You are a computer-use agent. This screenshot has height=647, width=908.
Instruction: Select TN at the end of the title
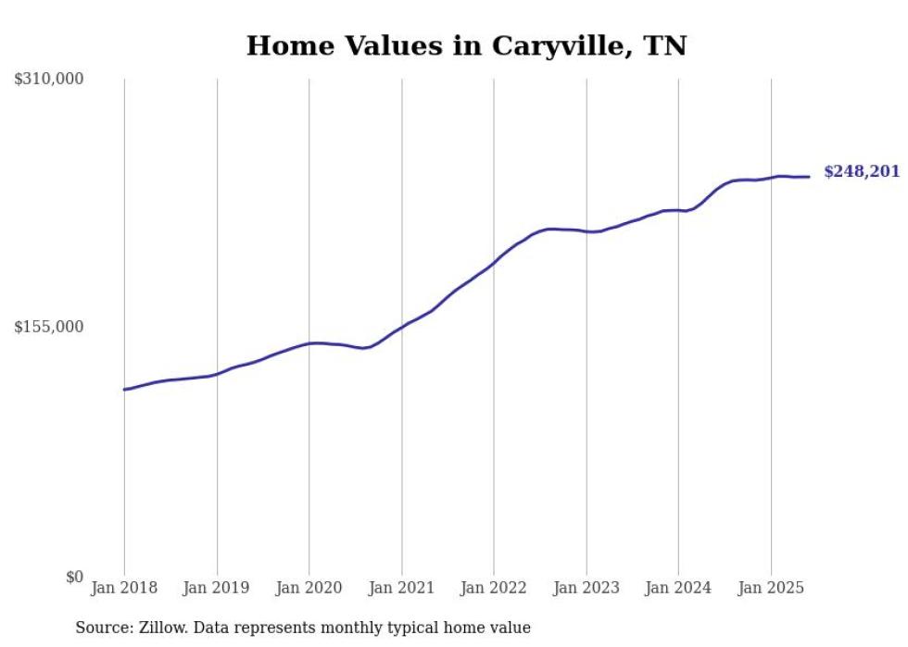pos(666,46)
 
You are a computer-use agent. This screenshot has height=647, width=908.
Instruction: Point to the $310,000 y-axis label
pos(49,80)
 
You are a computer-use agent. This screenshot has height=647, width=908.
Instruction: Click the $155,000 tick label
pos(49,327)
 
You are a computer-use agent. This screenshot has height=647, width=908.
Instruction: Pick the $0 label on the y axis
pos(74,577)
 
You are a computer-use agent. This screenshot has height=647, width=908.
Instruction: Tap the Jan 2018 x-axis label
pos(124,587)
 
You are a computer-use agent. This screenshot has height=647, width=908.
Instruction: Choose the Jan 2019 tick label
pos(217,587)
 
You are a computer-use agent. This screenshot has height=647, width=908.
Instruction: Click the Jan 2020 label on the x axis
pos(309,587)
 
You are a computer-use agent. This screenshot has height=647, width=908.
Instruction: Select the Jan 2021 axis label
pos(401,587)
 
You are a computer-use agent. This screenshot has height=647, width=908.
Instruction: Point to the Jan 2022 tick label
pos(494,587)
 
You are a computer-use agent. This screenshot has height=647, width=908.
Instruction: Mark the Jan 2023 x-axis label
pos(586,587)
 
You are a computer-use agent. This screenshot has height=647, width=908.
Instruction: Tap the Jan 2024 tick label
pos(678,587)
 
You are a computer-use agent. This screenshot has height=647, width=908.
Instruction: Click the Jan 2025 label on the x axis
pos(771,587)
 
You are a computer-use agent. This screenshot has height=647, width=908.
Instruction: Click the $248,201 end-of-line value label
pos(861,172)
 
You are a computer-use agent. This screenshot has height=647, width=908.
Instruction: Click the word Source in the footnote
pos(104,628)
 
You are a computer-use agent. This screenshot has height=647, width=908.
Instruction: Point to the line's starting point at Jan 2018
pos(124,390)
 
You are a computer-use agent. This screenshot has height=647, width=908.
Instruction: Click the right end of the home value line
pos(809,177)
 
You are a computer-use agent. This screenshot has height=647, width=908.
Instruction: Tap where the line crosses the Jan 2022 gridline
pos(494,263)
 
